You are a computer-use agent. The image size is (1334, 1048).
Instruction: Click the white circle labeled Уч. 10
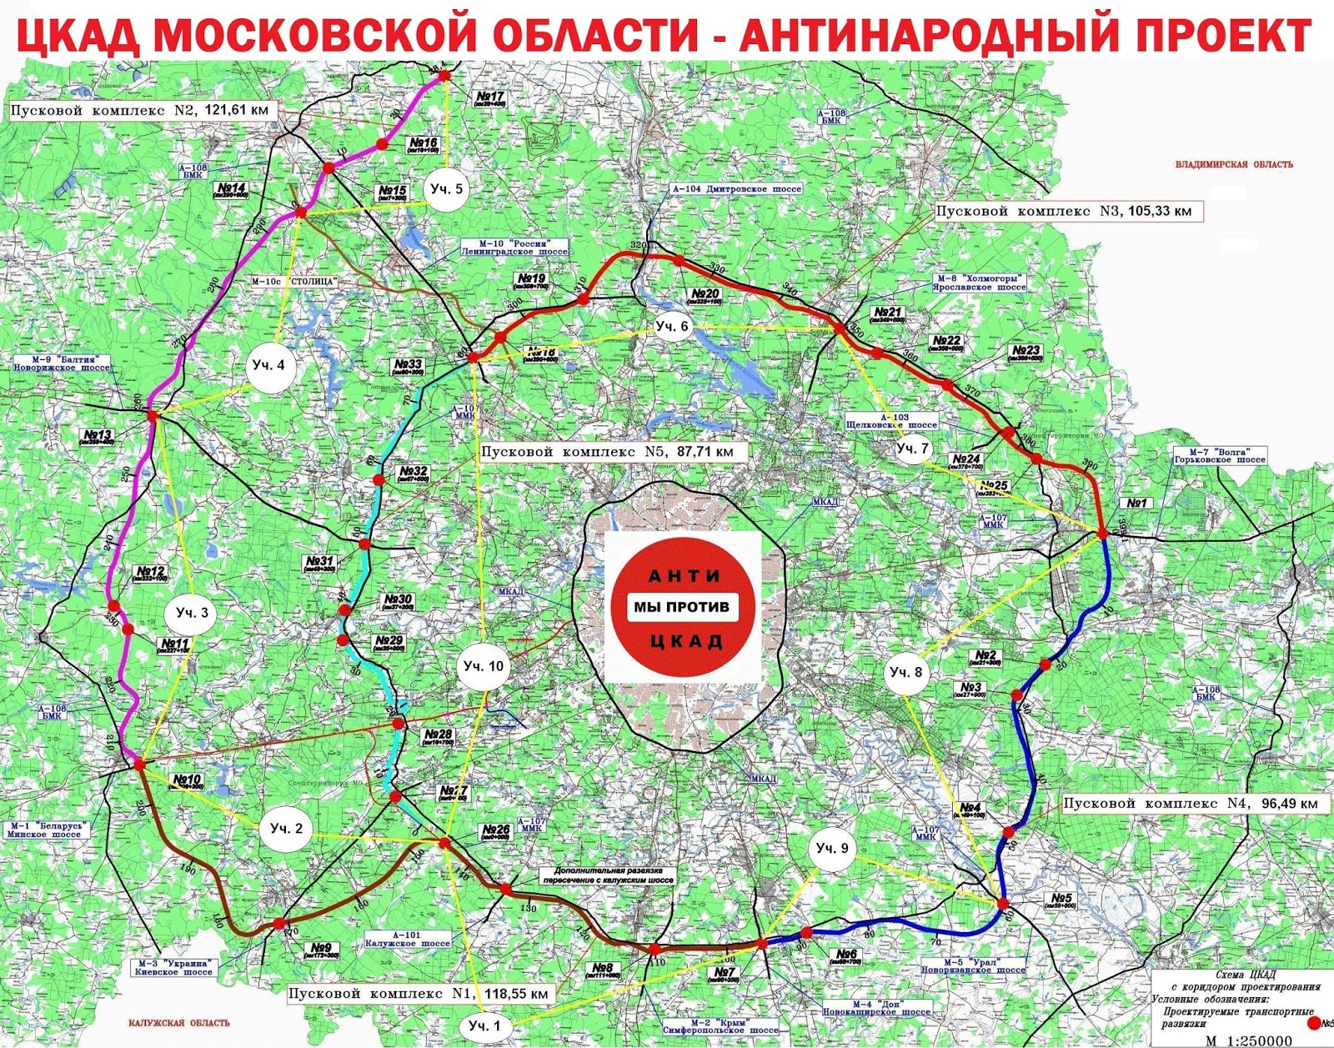[x=484, y=665]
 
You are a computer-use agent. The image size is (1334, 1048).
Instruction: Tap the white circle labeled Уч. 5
[x=446, y=189]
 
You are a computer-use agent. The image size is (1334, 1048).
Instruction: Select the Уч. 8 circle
[x=906, y=672]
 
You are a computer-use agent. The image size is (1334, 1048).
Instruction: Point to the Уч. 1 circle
[x=484, y=1025]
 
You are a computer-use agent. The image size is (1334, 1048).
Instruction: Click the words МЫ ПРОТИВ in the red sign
[x=681, y=606]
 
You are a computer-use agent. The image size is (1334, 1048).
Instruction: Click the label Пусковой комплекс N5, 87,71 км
[x=614, y=451]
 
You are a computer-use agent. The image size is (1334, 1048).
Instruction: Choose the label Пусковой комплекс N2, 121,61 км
[x=140, y=110]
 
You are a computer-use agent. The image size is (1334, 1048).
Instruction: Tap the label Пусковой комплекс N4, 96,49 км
[x=1191, y=803]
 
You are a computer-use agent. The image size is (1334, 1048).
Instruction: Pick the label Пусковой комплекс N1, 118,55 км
[x=419, y=994]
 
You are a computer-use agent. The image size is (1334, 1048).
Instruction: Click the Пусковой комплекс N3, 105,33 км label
[x=1064, y=211]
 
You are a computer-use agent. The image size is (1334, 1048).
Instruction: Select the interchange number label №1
[x=1137, y=503]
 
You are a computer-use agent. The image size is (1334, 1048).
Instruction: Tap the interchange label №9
[x=322, y=950]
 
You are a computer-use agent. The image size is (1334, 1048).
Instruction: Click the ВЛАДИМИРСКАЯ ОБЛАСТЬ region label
[x=1234, y=164]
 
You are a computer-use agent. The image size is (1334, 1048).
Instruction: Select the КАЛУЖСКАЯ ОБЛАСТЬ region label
[x=179, y=1023]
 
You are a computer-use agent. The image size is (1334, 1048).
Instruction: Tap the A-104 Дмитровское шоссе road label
[x=737, y=188]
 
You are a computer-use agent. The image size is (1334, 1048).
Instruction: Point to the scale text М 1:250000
[x=1248, y=1040]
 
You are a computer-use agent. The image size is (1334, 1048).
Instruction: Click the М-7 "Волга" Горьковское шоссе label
[x=1220, y=455]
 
